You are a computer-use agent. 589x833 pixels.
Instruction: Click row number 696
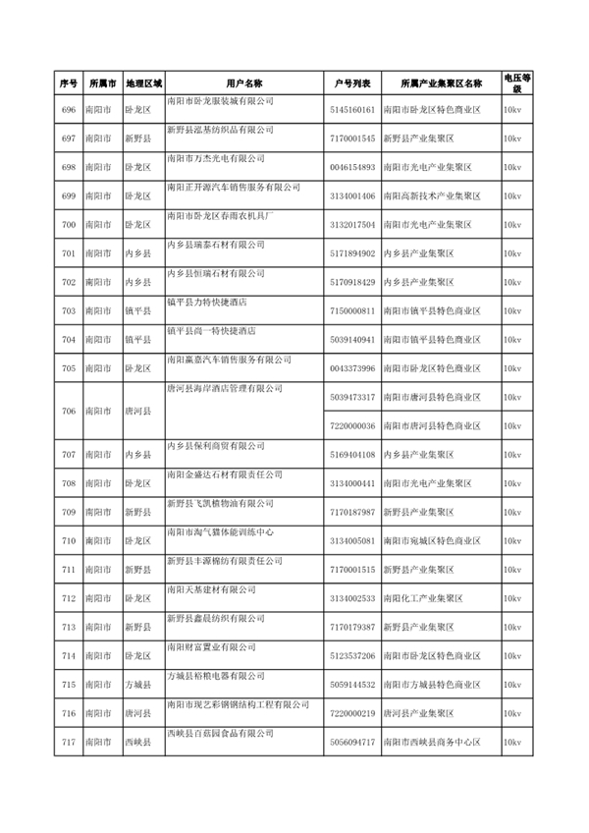68,110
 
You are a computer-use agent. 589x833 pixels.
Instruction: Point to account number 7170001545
352,139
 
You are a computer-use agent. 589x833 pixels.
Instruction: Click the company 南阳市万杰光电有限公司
216,157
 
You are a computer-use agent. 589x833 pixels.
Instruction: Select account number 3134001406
352,196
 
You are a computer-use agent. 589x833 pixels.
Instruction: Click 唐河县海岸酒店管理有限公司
220,387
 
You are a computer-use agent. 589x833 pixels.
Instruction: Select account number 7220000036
352,426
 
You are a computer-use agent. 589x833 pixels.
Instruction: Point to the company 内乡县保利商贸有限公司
216,445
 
